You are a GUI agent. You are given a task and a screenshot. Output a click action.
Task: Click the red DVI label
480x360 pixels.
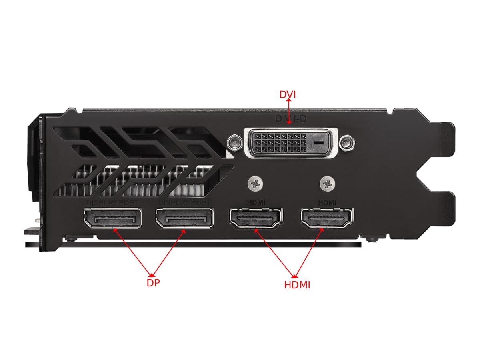[287, 94]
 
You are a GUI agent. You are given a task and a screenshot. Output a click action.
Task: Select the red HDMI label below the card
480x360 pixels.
[297, 285]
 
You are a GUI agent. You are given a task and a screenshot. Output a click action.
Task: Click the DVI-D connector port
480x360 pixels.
[290, 142]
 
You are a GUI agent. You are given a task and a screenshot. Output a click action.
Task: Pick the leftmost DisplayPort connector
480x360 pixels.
[113, 218]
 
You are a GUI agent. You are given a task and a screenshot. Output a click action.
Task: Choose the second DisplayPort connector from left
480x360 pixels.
[184, 218]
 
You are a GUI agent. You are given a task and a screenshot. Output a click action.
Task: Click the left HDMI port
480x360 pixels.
[256, 218]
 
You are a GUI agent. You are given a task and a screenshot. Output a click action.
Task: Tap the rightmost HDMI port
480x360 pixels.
[328, 218]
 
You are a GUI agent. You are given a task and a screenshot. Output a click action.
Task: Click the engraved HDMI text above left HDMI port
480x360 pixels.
[256, 203]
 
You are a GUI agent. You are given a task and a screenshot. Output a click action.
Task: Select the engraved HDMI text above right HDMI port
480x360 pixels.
[328, 203]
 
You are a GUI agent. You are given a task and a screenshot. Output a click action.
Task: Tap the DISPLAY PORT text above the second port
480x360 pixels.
[184, 203]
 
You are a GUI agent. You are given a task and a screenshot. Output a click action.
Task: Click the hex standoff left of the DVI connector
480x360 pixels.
[234, 142]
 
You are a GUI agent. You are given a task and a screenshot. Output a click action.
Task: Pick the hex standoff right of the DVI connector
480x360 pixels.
[347, 142]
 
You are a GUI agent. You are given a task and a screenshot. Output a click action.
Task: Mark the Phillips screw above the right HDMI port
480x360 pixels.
[328, 183]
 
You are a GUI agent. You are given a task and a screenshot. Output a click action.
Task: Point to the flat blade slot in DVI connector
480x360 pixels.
[319, 143]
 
